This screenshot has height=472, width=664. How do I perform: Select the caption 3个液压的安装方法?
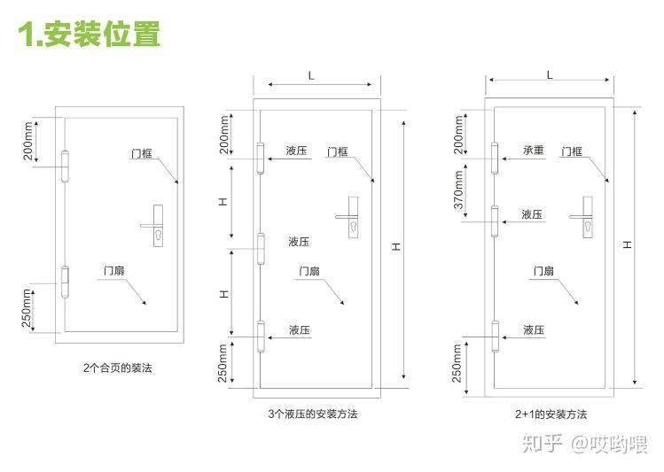(318, 414)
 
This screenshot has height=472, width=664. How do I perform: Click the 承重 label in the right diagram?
(532, 151)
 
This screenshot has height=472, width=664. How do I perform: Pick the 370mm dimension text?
(458, 188)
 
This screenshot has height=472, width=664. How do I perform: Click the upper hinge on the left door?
(65, 165)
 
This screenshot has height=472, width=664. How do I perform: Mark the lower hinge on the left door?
(65, 281)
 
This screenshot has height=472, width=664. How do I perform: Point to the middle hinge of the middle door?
(261, 249)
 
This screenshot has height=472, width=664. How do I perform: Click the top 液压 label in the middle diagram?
(297, 151)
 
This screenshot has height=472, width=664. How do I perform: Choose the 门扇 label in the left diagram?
(113, 271)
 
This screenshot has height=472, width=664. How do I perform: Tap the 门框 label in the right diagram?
(572, 151)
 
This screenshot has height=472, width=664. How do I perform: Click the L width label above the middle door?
(310, 76)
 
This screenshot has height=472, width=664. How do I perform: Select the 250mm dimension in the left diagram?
(27, 307)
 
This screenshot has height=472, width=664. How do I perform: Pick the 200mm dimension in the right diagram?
(458, 131)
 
